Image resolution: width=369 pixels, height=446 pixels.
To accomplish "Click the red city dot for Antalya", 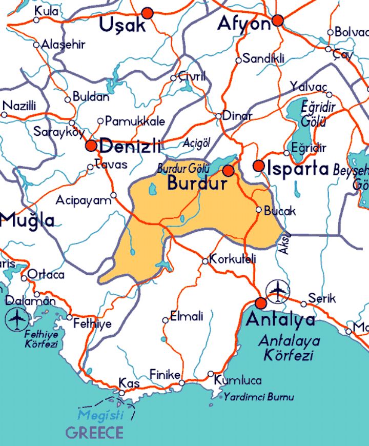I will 261,303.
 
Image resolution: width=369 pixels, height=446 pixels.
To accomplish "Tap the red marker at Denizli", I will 92,146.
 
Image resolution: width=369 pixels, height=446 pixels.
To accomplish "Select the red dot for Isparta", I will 259,166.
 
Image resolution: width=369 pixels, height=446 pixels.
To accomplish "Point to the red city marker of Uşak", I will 148,13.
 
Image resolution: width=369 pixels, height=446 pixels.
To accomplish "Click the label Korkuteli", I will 233,259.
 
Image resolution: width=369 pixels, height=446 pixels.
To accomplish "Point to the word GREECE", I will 94,433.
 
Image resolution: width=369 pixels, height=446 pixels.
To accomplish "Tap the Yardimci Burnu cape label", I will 259,397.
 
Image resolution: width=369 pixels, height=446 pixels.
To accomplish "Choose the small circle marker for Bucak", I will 259,210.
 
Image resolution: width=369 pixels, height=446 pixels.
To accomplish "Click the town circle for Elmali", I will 165,320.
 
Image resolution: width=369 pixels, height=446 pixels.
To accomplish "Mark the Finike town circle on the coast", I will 181,383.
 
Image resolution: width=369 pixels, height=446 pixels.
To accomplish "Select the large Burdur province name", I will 197,183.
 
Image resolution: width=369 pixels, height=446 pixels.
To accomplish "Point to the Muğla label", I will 27,220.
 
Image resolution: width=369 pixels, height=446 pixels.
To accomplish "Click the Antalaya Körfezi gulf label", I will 289,347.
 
